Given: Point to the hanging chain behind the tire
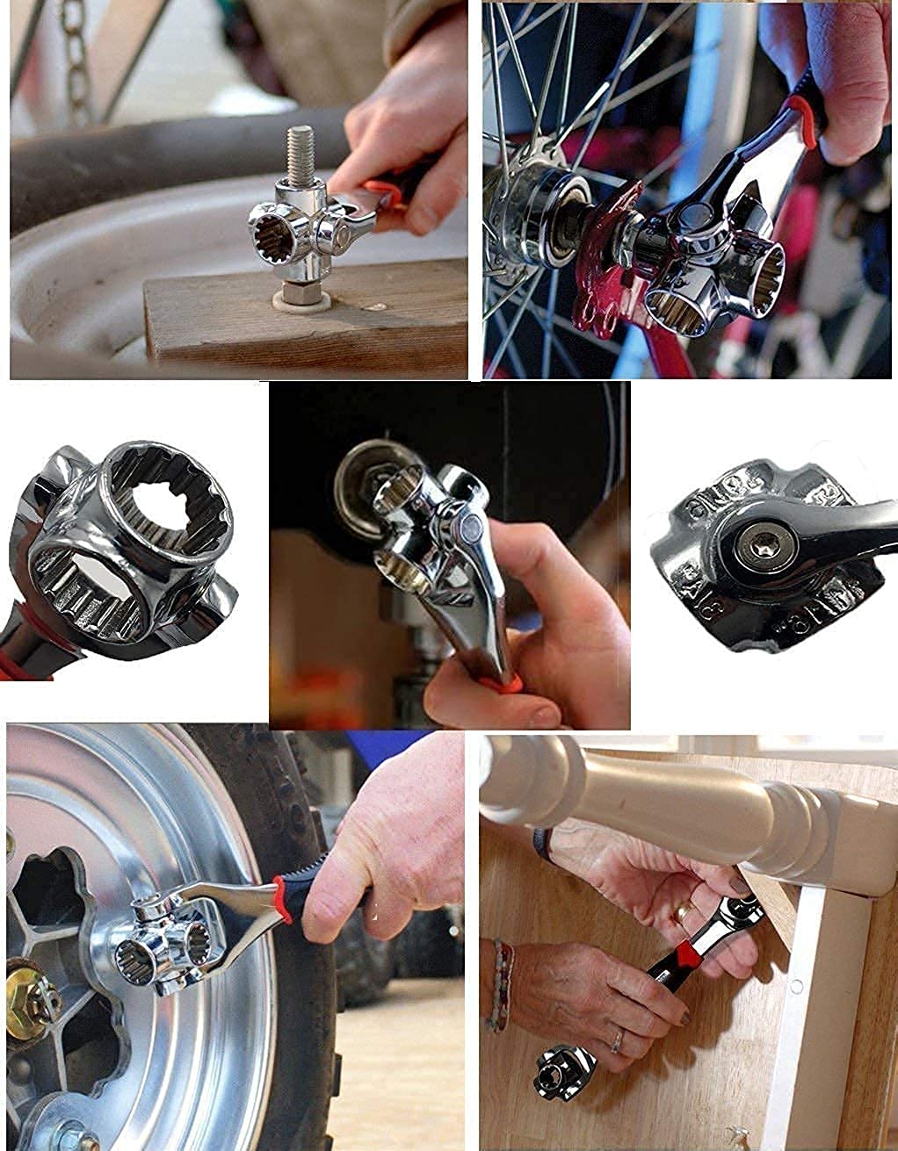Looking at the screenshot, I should pos(78,61).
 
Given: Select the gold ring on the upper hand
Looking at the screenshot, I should pos(682,913).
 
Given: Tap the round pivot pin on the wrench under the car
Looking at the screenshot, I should pos(466,529).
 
